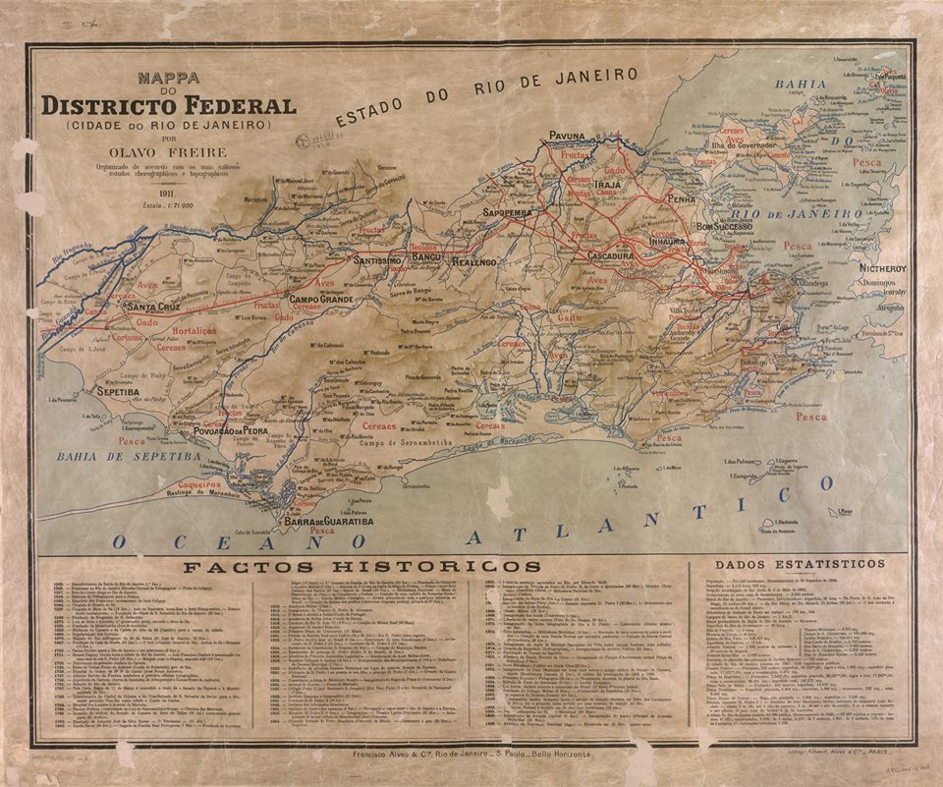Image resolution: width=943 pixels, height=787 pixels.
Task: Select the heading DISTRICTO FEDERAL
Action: [168, 105]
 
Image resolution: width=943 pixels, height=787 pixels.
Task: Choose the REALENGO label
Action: [475, 262]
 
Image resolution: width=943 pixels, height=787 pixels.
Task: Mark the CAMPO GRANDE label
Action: [319, 297]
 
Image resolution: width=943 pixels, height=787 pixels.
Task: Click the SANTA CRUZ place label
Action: [151, 307]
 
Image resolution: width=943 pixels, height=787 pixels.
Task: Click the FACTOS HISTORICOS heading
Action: [362, 567]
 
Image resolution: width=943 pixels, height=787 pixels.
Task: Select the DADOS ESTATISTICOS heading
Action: [801, 564]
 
